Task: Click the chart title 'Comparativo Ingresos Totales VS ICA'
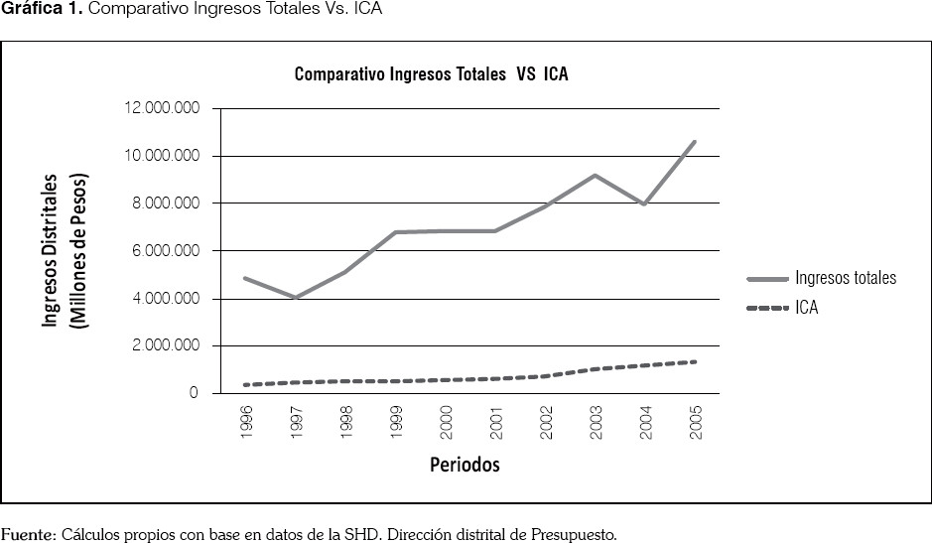pos(431,74)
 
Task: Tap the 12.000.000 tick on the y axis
pos(160,108)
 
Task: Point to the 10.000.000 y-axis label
pos(160,156)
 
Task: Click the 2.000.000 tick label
pos(164,346)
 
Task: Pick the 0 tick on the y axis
pos(195,394)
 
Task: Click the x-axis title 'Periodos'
pos(465,465)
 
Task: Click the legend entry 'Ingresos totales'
pos(845,278)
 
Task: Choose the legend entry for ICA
pos(806,309)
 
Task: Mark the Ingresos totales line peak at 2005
pos(695,142)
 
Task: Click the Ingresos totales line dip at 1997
pos(296,297)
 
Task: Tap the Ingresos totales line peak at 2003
pos(595,176)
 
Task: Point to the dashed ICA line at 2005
pos(695,361)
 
